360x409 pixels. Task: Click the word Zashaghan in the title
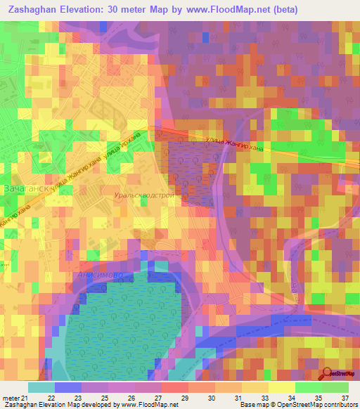pos(34,10)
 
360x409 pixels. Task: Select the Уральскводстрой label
pos(143,195)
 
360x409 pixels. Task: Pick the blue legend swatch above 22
pos(67,387)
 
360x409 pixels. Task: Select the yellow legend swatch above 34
pos(282,387)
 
